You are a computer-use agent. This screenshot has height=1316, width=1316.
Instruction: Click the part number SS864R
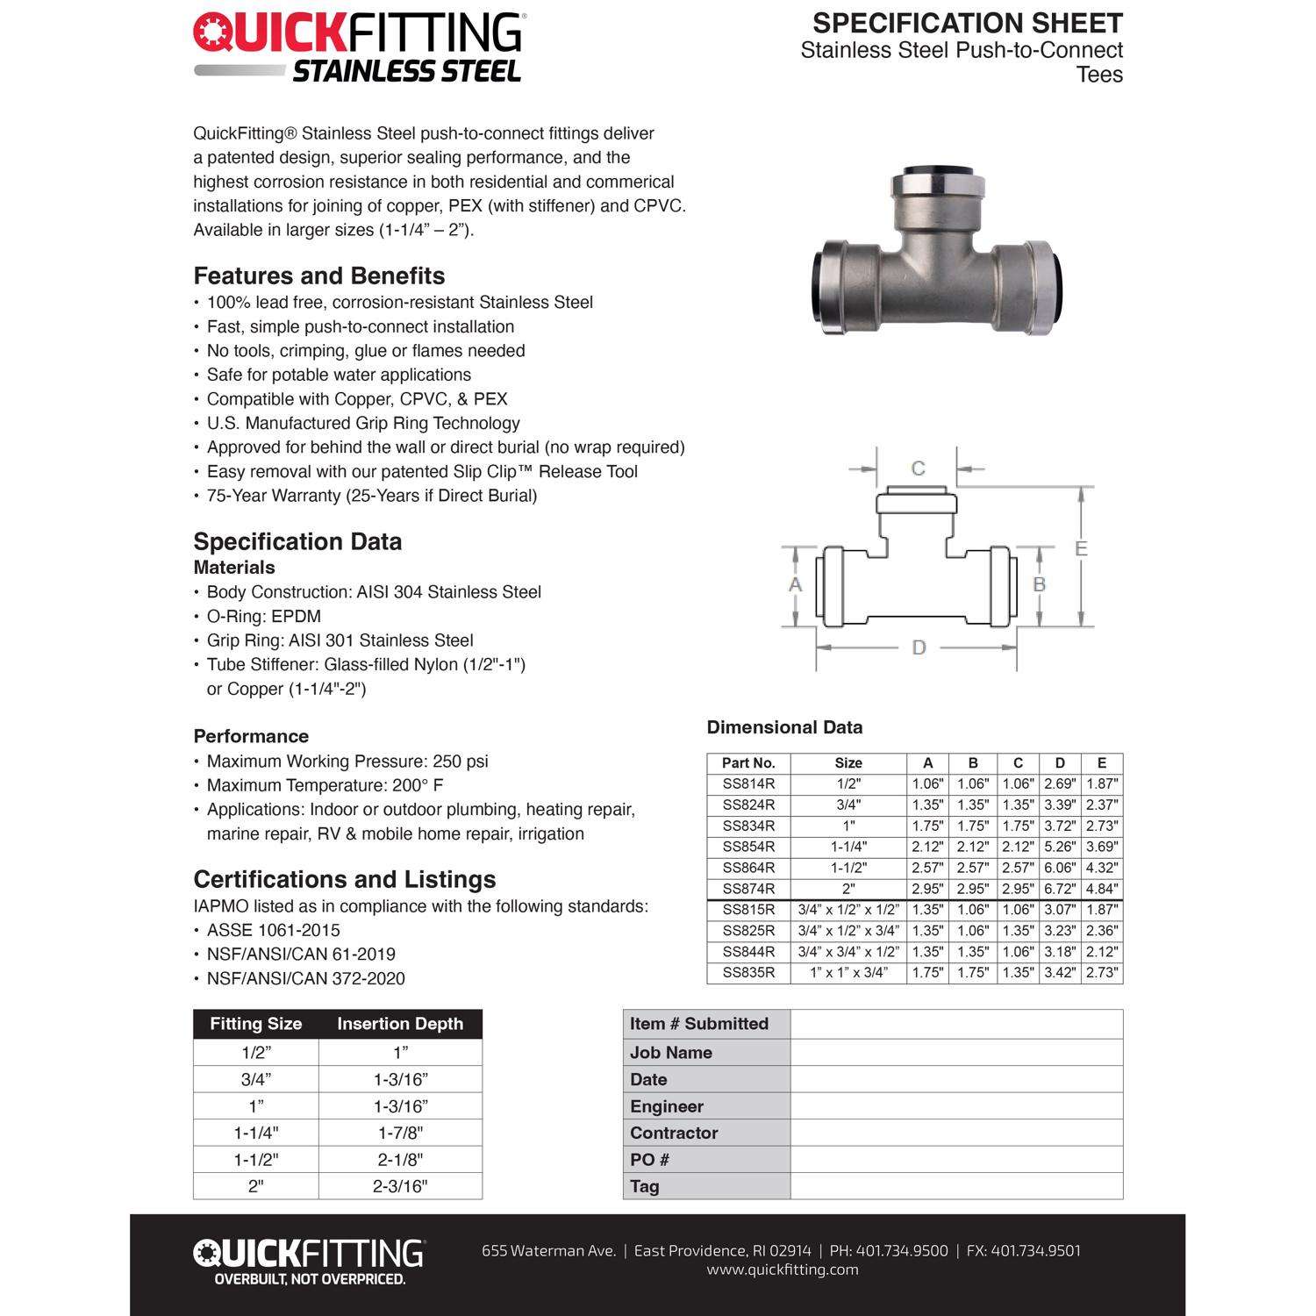click(748, 868)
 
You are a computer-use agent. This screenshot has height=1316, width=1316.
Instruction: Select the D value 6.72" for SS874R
click(1060, 889)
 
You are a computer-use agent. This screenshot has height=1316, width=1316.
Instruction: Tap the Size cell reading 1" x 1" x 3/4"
click(848, 973)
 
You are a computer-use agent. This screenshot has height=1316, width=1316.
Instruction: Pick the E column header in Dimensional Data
click(1102, 763)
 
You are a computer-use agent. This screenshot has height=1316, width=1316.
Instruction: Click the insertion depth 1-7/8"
click(400, 1133)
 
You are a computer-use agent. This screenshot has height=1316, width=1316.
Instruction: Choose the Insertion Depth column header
click(400, 1024)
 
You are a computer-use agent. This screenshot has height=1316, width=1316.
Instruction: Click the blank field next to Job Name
click(956, 1052)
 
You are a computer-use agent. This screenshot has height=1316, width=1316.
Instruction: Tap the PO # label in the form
click(649, 1160)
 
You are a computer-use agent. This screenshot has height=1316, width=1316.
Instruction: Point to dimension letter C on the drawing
click(918, 468)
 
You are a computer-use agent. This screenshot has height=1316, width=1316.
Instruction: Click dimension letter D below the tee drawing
click(919, 647)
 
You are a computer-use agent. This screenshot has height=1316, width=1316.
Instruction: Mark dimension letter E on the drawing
click(1081, 548)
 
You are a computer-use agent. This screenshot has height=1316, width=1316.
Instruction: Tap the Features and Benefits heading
click(319, 276)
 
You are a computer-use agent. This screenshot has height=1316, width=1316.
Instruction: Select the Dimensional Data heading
click(784, 727)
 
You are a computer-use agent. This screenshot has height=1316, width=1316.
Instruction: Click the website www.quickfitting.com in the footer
click(783, 1270)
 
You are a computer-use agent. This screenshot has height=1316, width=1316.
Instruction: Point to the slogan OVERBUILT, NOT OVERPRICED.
click(311, 1279)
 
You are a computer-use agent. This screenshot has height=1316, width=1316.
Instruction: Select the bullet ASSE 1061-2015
click(273, 930)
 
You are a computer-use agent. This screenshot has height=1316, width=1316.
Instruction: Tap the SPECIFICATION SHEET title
click(967, 23)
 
